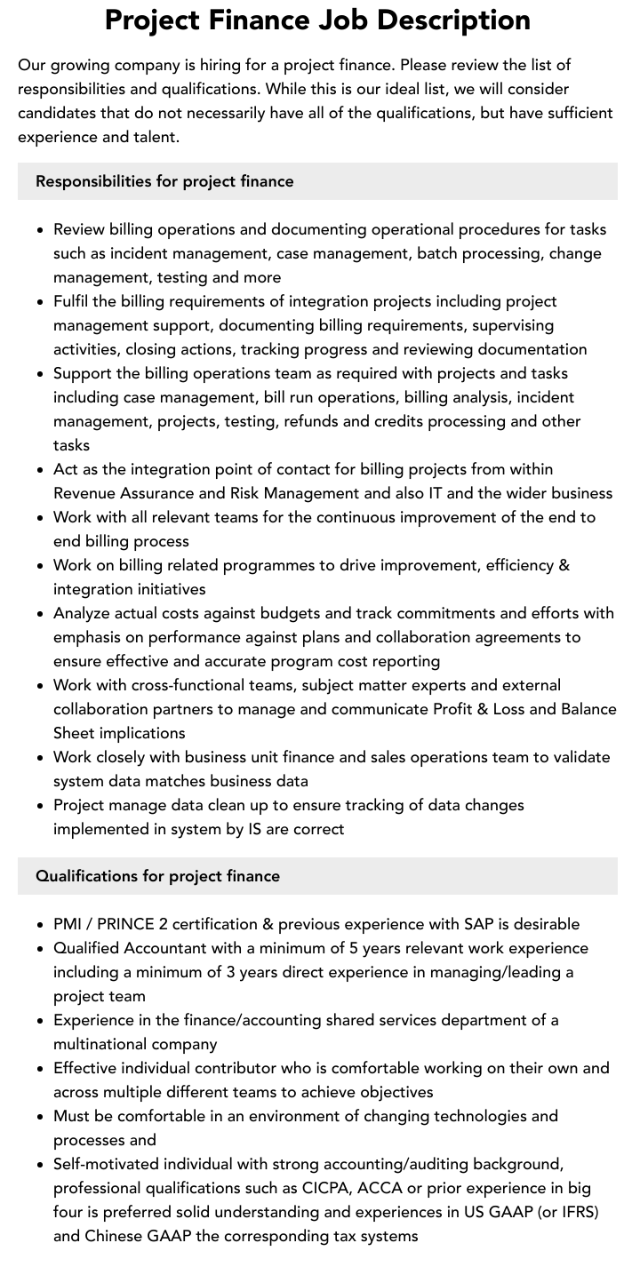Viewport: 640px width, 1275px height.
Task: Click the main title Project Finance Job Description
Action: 317,20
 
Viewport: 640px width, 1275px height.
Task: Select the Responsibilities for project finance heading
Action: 164,181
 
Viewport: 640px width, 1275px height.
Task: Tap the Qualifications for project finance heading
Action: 157,876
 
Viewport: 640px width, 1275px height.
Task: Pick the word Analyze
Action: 84,613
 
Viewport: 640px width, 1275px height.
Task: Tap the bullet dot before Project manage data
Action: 40,806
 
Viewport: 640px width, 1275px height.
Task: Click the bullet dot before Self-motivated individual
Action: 40,1165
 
